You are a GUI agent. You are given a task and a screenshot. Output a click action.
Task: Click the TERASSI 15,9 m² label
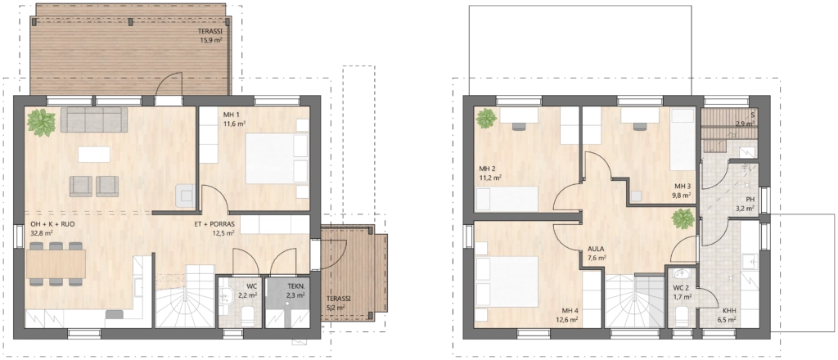coord(209,35)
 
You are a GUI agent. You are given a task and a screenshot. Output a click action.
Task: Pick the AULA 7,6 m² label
coord(597,253)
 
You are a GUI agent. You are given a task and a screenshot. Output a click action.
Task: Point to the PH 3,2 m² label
coord(746,204)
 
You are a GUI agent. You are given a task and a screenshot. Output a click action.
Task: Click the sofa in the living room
coord(94,119)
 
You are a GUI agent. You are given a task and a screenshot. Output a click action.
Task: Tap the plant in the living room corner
coord(41,122)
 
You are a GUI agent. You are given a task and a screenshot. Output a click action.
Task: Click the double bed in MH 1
coord(277,158)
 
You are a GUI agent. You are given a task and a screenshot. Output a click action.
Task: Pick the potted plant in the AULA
coord(683,218)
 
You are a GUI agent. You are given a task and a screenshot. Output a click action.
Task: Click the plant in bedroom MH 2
coord(486,118)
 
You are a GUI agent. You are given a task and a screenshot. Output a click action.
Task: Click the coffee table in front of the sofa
coord(94,155)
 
